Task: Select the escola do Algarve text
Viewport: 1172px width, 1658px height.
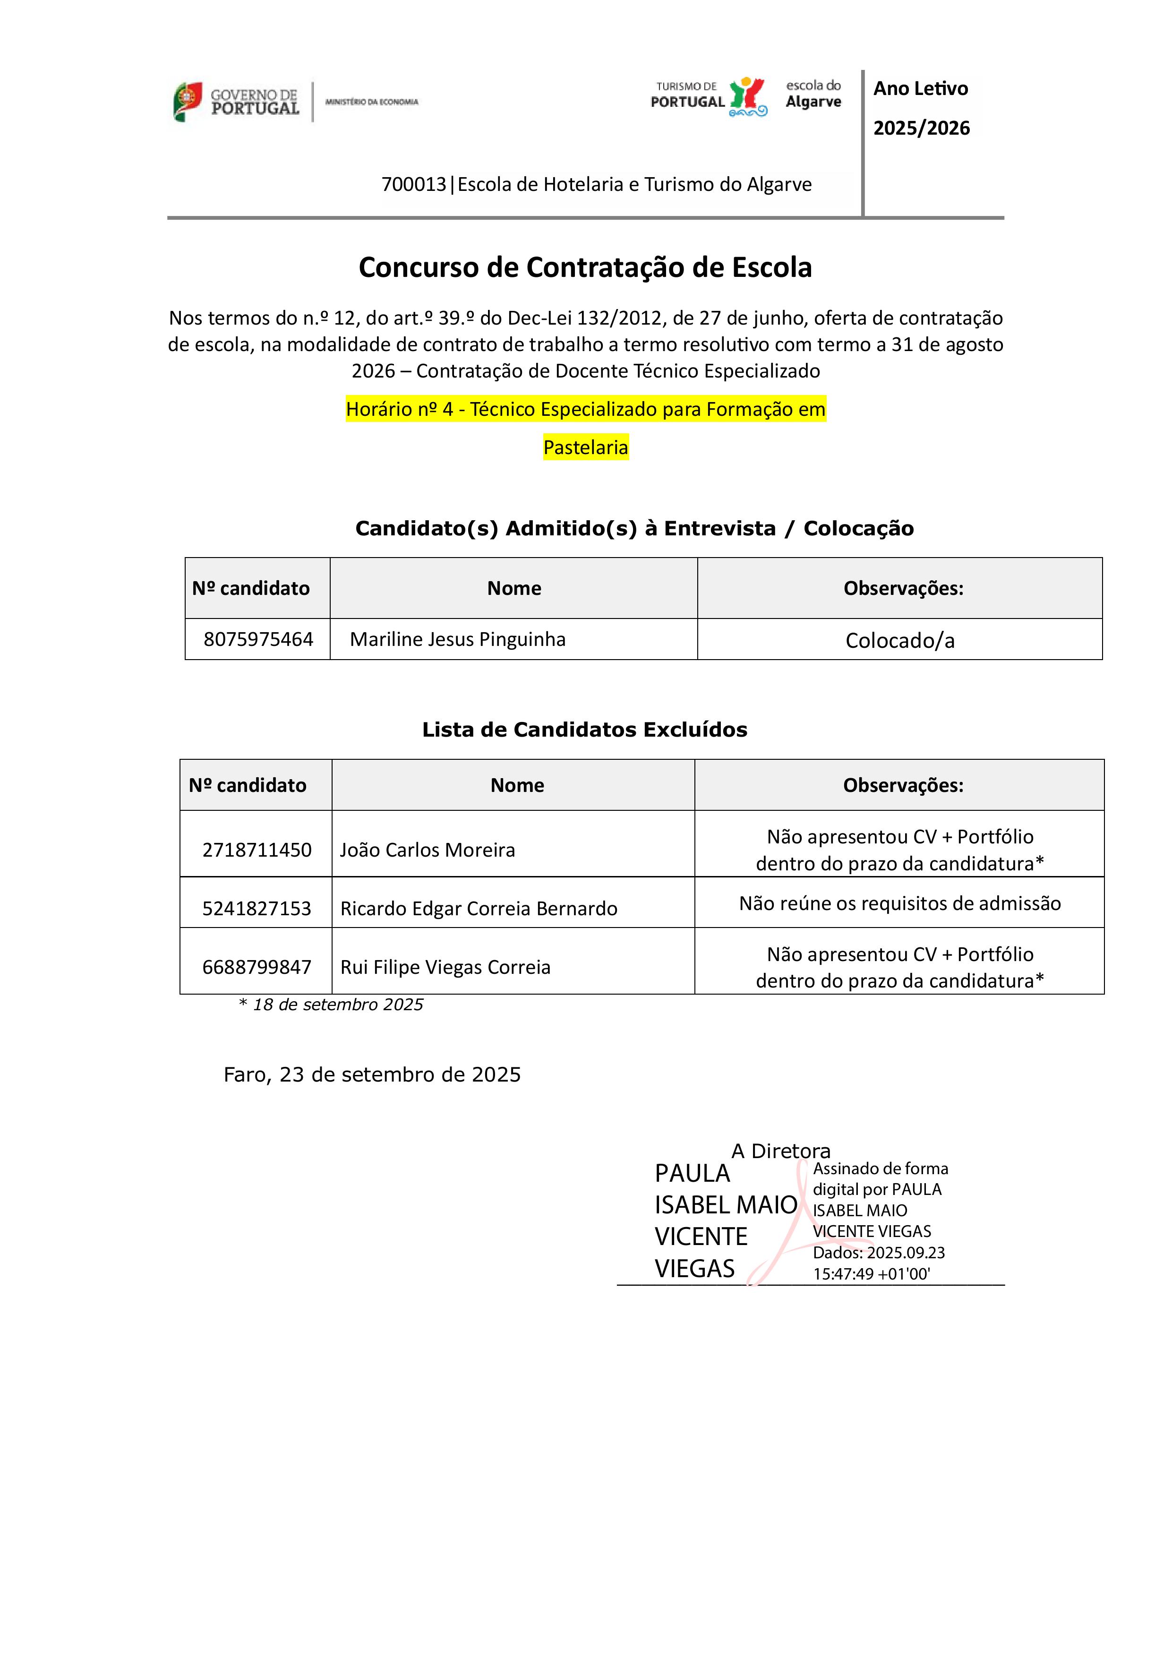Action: pyautogui.click(x=813, y=94)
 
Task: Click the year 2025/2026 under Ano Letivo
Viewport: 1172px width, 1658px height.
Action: pyautogui.click(x=922, y=128)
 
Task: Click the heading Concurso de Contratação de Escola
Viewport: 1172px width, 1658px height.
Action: pyautogui.click(x=585, y=267)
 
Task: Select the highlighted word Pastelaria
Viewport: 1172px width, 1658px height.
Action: pyautogui.click(x=586, y=448)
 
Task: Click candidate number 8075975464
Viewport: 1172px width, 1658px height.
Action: pyautogui.click(x=258, y=639)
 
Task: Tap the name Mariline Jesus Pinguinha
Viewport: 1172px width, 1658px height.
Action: pyautogui.click(x=458, y=639)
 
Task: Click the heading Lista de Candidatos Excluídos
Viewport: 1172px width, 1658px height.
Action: pyautogui.click(x=584, y=730)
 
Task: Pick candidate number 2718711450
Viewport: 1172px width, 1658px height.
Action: pyautogui.click(x=257, y=850)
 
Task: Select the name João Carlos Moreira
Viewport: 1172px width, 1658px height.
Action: pyautogui.click(x=428, y=850)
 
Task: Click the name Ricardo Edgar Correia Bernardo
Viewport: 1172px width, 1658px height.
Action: pyautogui.click(x=479, y=909)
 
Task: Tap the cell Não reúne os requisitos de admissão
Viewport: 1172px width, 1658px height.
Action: pyautogui.click(x=900, y=903)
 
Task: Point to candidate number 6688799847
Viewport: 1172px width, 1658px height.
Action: pyautogui.click(x=257, y=967)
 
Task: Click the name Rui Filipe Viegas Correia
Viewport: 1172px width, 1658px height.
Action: pyautogui.click(x=445, y=967)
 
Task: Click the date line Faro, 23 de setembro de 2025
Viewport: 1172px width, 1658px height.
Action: pyautogui.click(x=372, y=1074)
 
